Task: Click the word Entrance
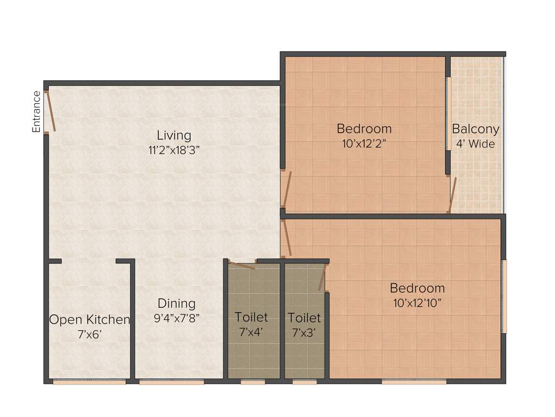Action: point(36,112)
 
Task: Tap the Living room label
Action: point(174,135)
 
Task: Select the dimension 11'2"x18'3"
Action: point(174,150)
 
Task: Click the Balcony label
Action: point(475,129)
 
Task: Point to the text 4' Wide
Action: point(475,144)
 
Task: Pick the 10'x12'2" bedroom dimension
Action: point(364,144)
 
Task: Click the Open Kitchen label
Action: point(89,320)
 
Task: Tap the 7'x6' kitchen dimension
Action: point(89,335)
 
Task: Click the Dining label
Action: point(177,303)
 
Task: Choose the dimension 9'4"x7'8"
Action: point(177,318)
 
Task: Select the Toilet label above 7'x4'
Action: point(251,317)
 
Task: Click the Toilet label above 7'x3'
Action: point(304,317)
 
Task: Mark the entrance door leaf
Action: point(49,111)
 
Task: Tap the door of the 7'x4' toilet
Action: point(241,265)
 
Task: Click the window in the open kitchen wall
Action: point(89,382)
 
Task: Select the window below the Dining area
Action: point(171,382)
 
